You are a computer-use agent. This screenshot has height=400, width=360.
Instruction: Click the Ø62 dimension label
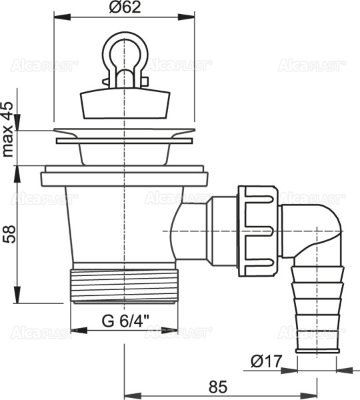click(125, 7)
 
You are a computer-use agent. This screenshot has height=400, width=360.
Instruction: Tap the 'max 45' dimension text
click(7, 129)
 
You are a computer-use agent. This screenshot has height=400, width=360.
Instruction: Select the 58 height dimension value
click(9, 234)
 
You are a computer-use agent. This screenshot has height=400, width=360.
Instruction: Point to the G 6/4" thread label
click(125, 321)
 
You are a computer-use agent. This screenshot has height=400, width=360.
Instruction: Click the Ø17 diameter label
click(267, 361)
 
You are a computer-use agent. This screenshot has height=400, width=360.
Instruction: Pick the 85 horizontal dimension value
click(218, 387)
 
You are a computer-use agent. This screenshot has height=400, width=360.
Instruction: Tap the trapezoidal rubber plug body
click(125, 103)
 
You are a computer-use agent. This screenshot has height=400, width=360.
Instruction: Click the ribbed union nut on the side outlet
click(258, 231)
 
